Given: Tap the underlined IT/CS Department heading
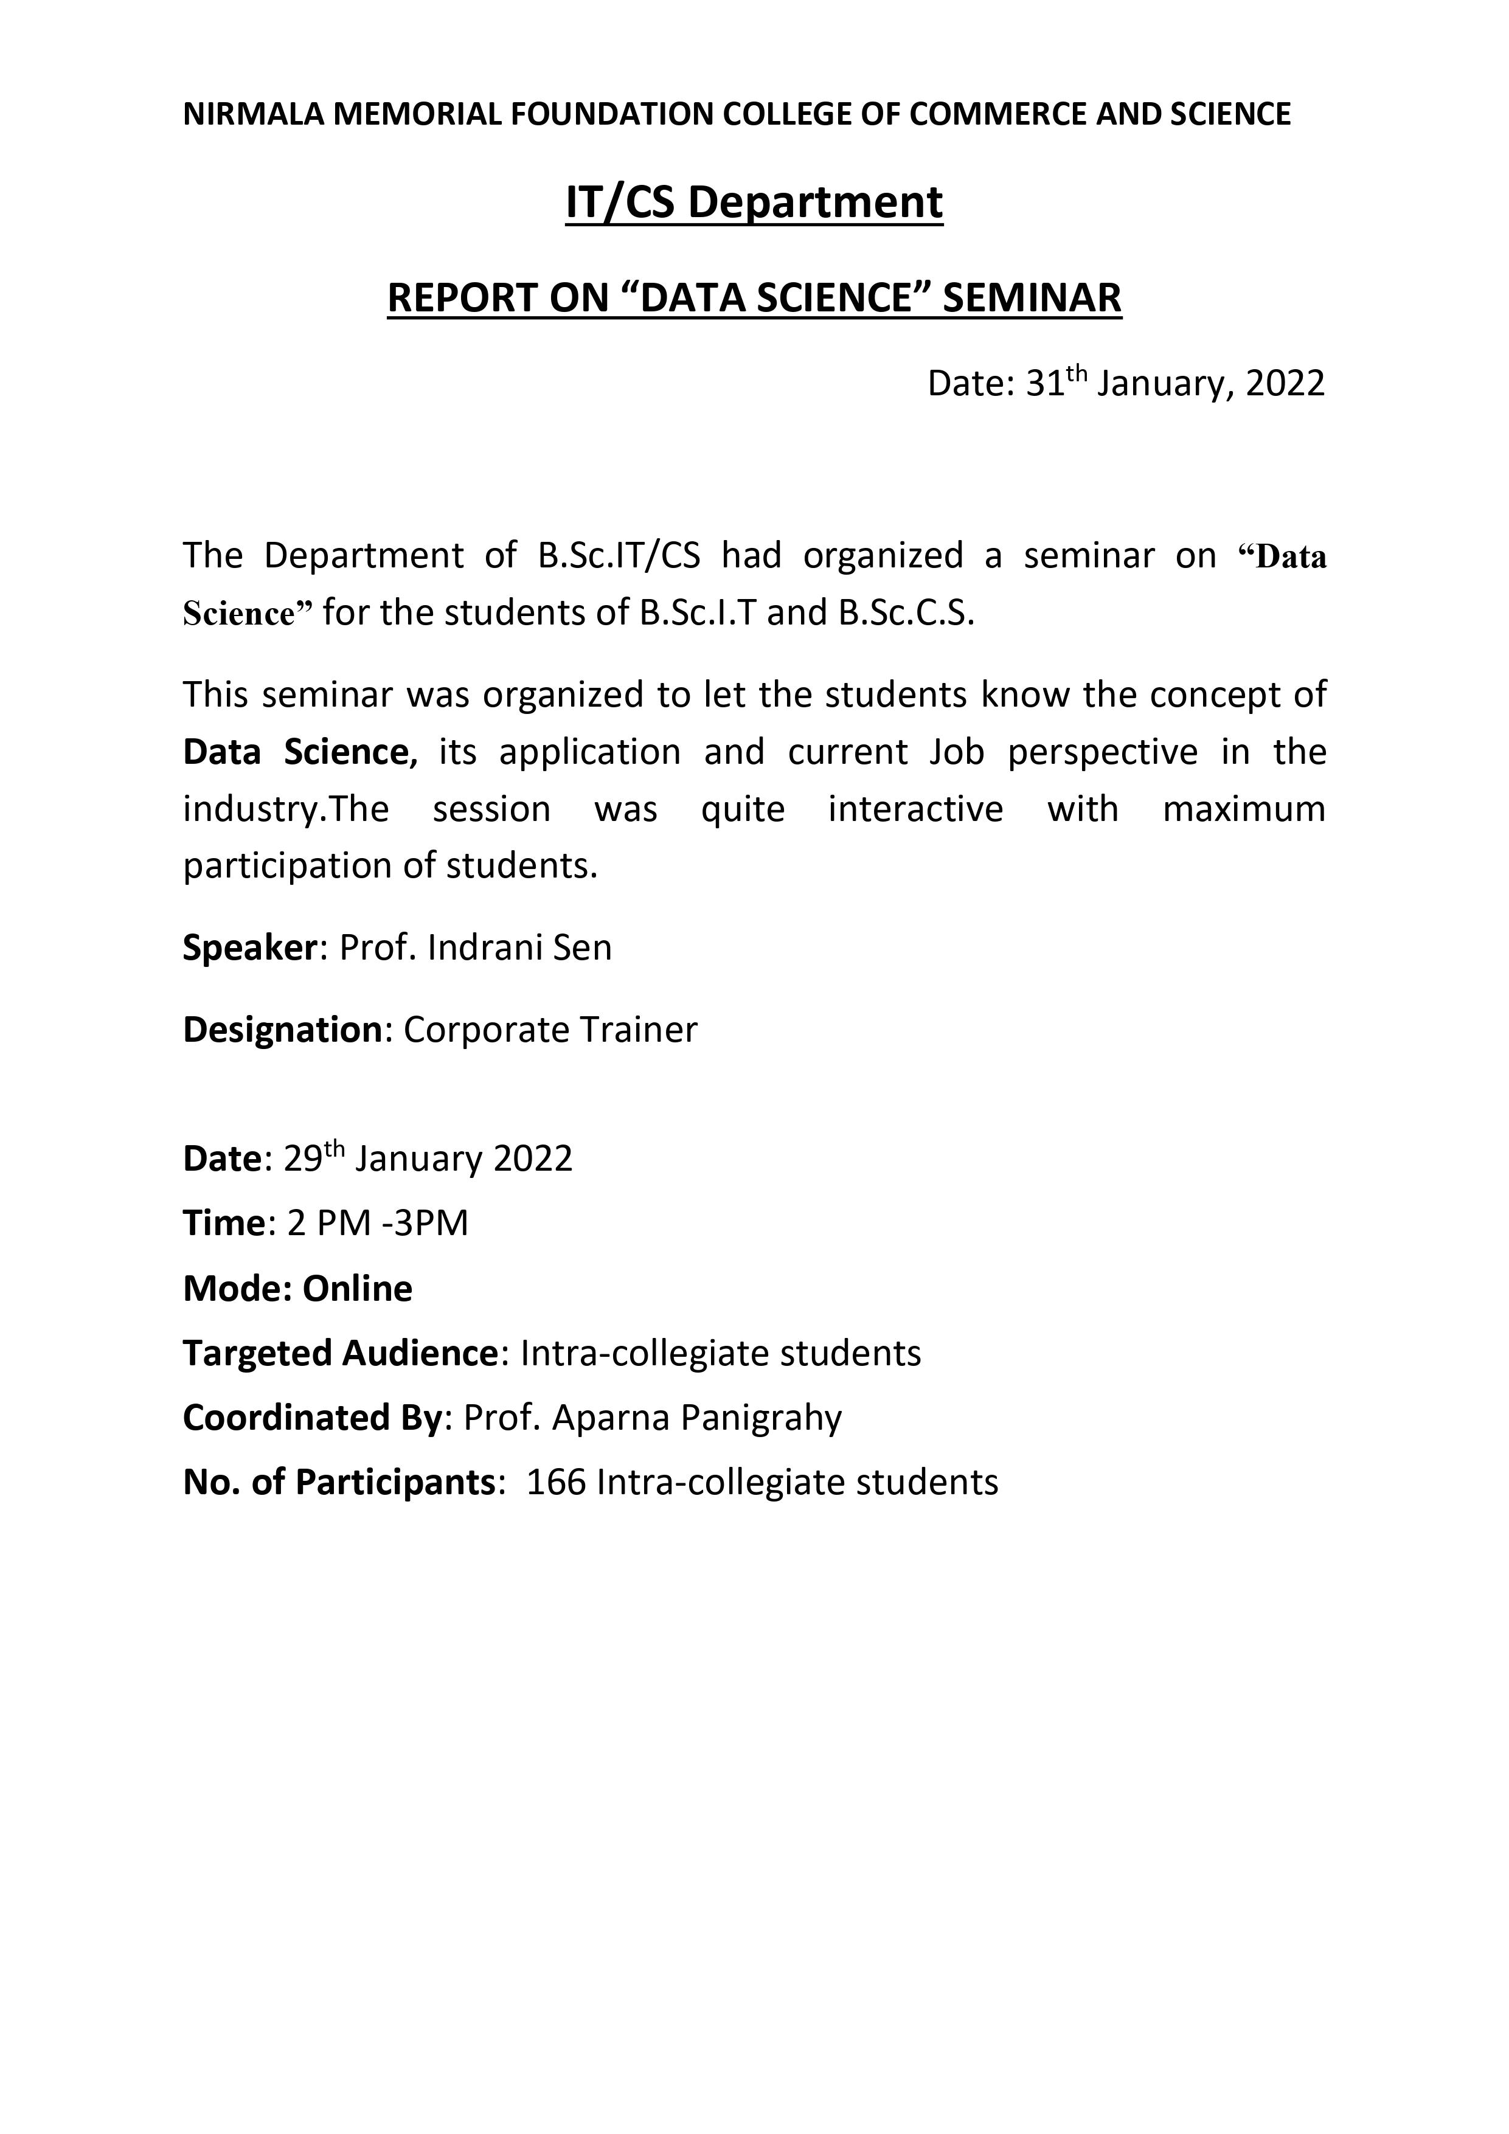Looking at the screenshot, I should (754, 203).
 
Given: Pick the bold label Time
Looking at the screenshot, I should (224, 1223).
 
